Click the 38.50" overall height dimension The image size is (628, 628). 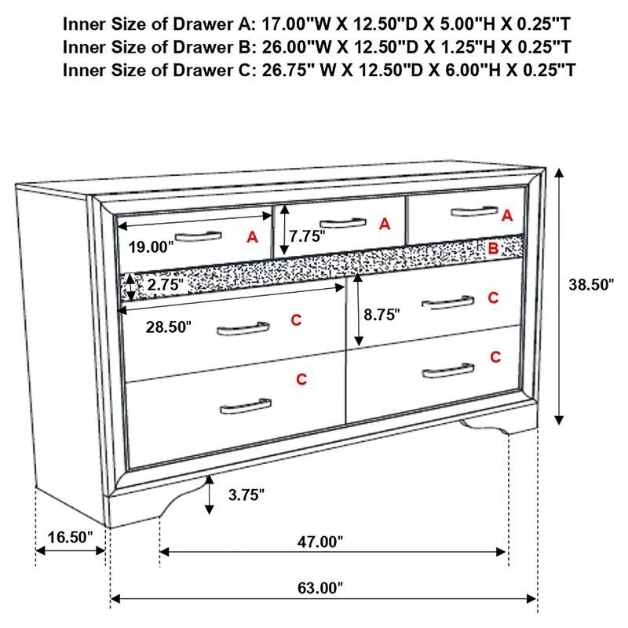pos(590,285)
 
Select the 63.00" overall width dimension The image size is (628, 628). pos(321,587)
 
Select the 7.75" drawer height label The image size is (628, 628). pos(306,235)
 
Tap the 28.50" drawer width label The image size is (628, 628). pos(169,327)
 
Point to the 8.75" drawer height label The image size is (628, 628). pos(382,314)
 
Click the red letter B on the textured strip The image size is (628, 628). pos(493,250)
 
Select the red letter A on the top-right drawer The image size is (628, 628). pos(506,214)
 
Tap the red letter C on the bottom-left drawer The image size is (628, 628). pos(301,380)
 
